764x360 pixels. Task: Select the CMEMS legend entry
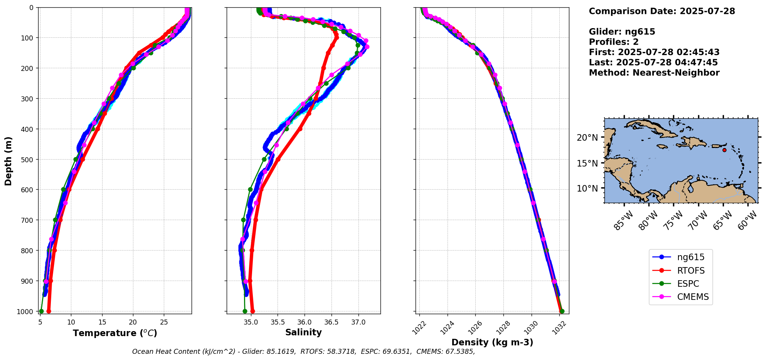pos(693,297)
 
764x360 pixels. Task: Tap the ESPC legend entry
pos(688,284)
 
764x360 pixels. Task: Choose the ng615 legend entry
pos(691,257)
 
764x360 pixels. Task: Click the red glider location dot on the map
pos(724,150)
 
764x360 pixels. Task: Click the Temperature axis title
pos(115,333)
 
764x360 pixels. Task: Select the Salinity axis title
pos(303,332)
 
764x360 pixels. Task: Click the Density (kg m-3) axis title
pos(492,342)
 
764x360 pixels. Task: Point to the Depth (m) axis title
pos(8,161)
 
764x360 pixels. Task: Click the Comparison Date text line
pos(662,11)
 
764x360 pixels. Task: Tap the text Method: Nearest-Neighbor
pos(654,72)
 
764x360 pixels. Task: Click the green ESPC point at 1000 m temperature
pos(41,311)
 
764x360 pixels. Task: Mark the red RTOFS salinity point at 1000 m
pos(252,311)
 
